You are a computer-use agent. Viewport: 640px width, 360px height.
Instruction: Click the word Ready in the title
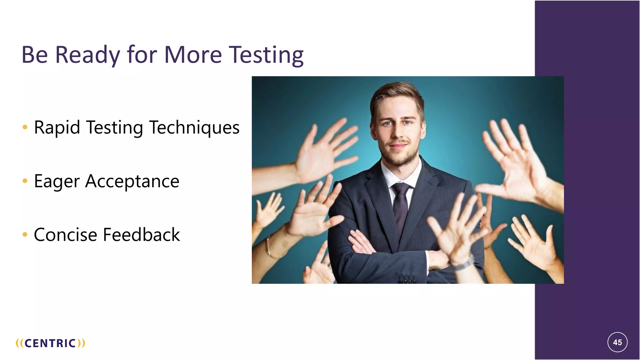click(87, 55)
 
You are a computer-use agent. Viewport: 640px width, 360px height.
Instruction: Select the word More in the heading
click(193, 55)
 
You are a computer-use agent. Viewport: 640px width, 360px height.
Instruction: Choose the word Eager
click(57, 181)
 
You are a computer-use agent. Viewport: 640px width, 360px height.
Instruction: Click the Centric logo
click(50, 343)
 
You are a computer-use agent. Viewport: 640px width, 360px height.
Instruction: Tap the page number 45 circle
click(617, 342)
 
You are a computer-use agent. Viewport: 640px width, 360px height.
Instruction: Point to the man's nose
click(398, 133)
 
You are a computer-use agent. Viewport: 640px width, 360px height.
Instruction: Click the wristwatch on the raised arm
click(465, 262)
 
